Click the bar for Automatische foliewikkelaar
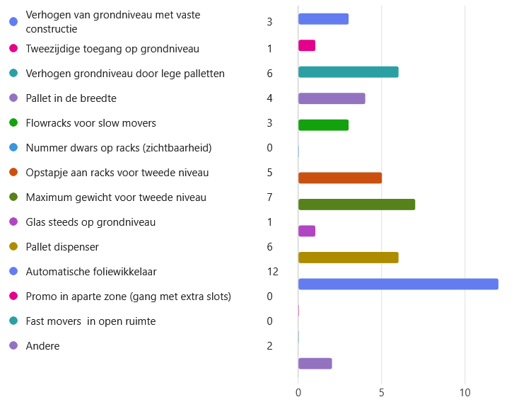(398, 284)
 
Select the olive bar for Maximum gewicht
(356, 205)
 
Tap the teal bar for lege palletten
(348, 72)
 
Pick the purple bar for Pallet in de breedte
(332, 98)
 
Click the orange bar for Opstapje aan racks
(340, 178)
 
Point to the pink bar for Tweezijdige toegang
(307, 46)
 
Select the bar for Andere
(315, 364)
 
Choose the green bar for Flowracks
(323, 125)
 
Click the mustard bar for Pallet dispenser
(348, 258)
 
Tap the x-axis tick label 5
(382, 392)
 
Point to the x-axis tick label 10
(465, 392)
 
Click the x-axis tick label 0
(298, 392)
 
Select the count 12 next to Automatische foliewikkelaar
(272, 272)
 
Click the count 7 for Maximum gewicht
(269, 197)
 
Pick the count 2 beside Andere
(269, 346)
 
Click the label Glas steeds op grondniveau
(90, 222)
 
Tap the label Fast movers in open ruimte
(90, 321)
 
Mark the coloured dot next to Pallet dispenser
(13, 247)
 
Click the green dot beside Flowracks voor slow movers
(13, 123)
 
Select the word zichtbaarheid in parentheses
(180, 148)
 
